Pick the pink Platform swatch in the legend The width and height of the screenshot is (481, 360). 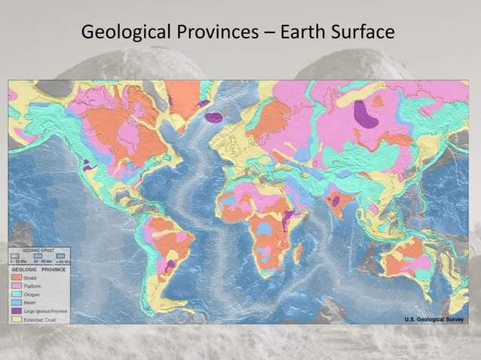[16, 287]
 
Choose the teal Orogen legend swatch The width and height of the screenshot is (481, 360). [16, 295]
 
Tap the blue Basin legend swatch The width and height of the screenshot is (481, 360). [16, 303]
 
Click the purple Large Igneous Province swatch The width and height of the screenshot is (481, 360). [16, 311]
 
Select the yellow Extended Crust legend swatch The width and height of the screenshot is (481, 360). [16, 319]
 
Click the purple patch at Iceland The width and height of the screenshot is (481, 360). [215, 117]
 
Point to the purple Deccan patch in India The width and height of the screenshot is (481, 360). [335, 201]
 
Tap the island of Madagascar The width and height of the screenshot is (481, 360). [298, 252]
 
